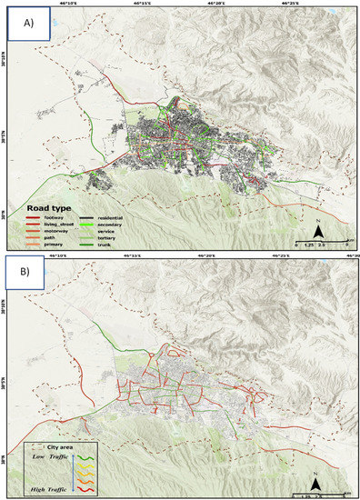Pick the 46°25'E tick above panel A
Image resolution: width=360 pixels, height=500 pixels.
(x=292, y=4)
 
